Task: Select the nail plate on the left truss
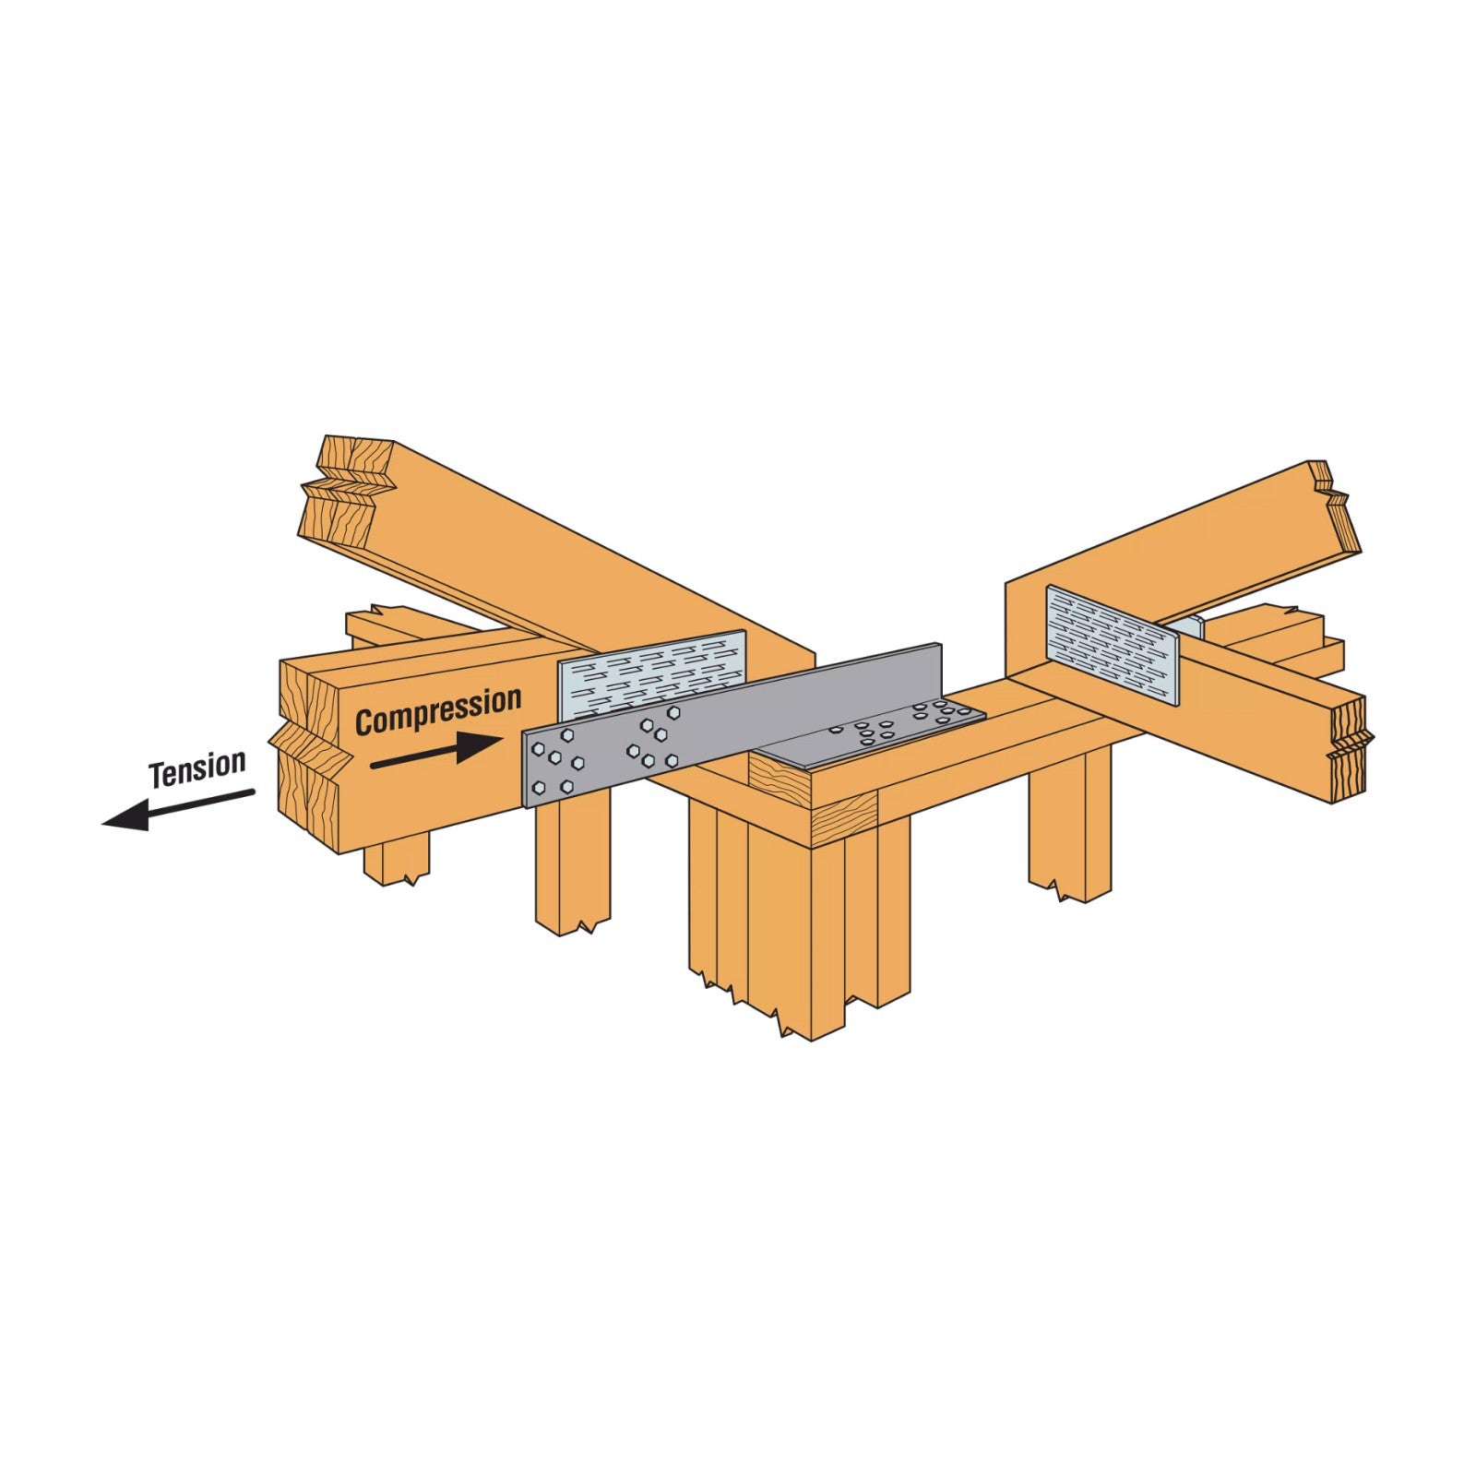click(x=651, y=675)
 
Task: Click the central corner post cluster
click(x=798, y=913)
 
